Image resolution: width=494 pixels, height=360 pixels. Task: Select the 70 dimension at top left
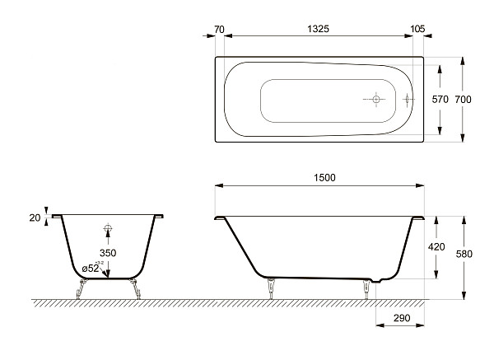(219, 28)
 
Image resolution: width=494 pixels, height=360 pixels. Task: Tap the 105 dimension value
(417, 28)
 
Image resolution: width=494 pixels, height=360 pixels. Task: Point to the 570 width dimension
(440, 99)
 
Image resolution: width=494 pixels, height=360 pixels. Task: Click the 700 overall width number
(464, 99)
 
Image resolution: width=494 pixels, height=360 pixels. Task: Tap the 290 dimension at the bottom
(401, 317)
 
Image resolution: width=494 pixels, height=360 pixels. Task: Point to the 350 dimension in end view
(108, 253)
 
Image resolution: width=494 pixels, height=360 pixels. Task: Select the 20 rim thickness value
(35, 217)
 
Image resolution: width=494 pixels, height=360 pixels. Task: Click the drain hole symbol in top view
(375, 100)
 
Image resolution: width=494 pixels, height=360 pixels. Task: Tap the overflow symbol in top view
(408, 100)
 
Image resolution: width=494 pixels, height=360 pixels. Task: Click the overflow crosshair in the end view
(108, 229)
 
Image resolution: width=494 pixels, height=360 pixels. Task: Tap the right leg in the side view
(366, 288)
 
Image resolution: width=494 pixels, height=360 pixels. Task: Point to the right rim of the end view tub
(157, 217)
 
